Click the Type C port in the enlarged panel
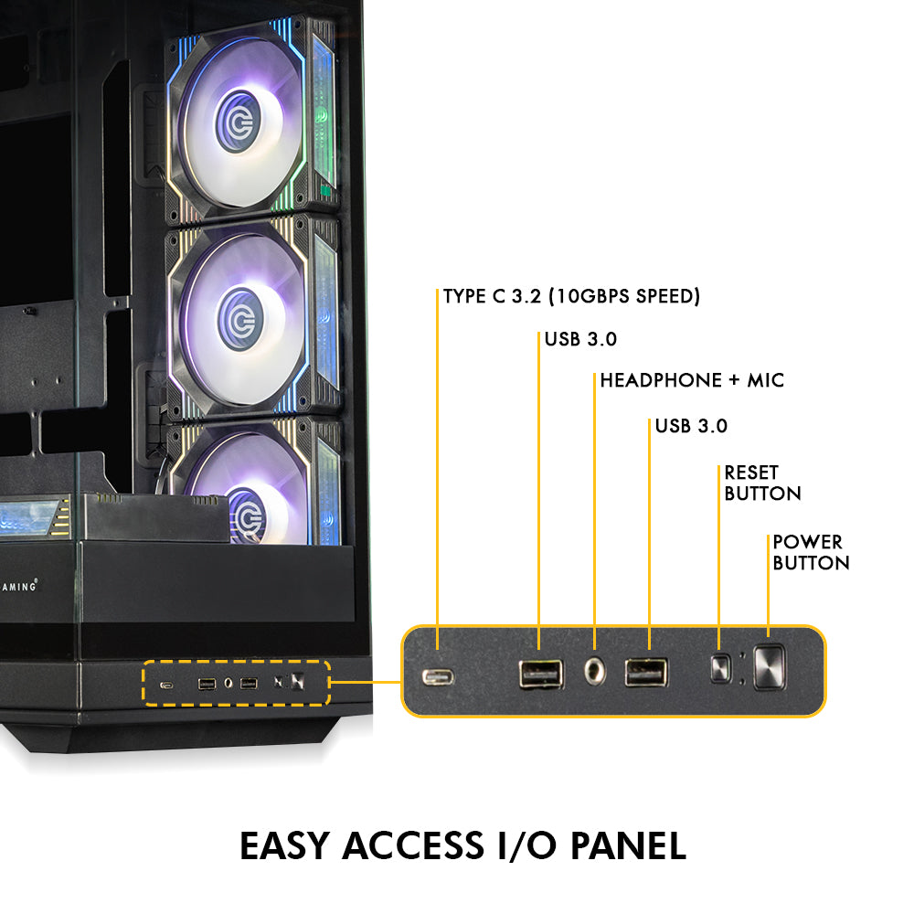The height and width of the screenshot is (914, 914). pos(438,676)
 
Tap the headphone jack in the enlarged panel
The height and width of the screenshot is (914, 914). pos(595,672)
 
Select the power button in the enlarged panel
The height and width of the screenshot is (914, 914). pos(769,667)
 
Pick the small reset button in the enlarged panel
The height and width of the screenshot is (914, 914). pos(720,668)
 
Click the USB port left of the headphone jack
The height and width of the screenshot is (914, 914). pos(541,674)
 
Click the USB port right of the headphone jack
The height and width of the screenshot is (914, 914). pos(646,673)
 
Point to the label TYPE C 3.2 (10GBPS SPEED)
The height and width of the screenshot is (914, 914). pos(571,296)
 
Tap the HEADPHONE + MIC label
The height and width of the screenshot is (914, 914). pos(692,380)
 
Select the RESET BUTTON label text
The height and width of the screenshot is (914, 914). pos(762,483)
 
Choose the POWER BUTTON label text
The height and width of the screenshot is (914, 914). pos(811,552)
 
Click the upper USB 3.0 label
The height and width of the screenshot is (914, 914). pos(580,339)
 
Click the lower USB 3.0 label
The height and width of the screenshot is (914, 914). pos(691,426)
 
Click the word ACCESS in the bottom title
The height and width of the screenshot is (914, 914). pos(413,845)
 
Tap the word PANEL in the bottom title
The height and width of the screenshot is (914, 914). pos(629,845)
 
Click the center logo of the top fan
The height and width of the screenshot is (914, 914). pos(238,122)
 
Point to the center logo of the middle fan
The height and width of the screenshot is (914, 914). pos(239,319)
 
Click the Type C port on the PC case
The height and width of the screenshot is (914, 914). pos(166,685)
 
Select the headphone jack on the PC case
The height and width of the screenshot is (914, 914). pos(228,683)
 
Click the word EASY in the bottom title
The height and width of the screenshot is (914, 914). pos(285,845)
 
